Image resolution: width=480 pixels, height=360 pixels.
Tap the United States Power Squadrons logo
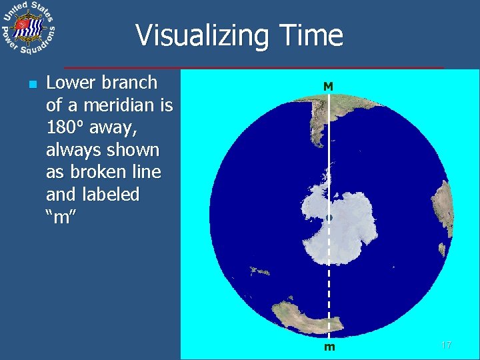point(27,29)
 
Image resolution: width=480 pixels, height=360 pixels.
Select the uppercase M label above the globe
point(328,87)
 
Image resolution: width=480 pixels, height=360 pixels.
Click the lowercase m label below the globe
point(329,347)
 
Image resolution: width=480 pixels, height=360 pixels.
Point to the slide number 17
point(447,345)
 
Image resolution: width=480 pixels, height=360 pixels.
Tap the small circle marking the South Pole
point(329,218)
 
